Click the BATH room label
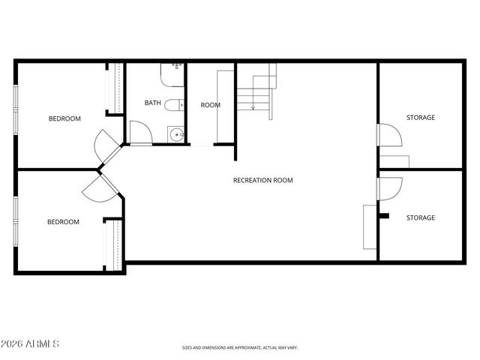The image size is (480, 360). point(153,104)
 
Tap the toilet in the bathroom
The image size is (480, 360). point(173,106)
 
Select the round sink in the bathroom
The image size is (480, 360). point(175,135)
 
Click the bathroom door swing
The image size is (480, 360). point(139,131)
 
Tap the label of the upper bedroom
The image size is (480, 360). point(64,118)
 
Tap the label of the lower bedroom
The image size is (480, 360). point(63,221)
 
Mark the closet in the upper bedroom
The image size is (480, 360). point(115,88)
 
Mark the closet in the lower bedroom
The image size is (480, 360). point(114,245)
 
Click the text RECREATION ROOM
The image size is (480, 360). point(262,180)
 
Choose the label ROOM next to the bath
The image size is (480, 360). point(210,105)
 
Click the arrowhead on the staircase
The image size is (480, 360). point(253,107)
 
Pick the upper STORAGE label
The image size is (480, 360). point(420,118)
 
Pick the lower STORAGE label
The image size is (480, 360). point(420,217)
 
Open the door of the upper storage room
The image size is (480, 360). point(390,136)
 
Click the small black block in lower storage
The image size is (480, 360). point(385,217)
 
